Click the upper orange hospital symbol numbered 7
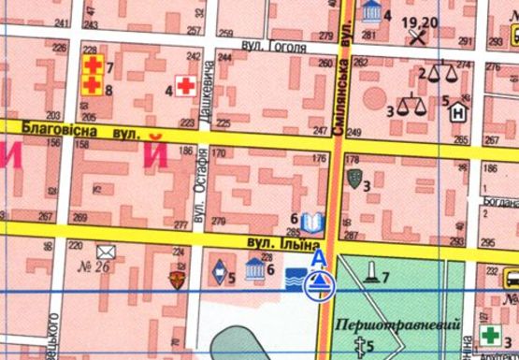pyautogui.click(x=93, y=65)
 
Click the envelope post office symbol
pyautogui.click(x=104, y=251)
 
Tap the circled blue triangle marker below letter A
pyautogui.click(x=319, y=285)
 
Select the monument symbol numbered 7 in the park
pyautogui.click(x=372, y=272)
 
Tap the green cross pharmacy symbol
pyautogui.click(x=489, y=335)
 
